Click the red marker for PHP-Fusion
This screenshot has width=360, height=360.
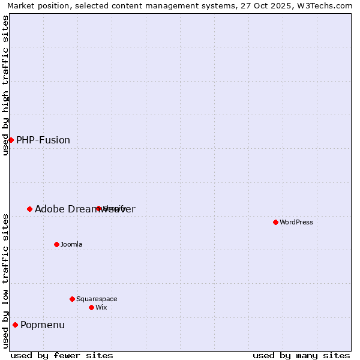click(x=11, y=140)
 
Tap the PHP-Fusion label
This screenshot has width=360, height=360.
click(x=43, y=140)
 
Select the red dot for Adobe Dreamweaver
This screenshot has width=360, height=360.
click(x=29, y=209)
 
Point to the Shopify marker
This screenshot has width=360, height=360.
click(x=98, y=209)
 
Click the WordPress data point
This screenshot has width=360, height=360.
click(x=275, y=222)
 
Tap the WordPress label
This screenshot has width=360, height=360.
click(x=296, y=223)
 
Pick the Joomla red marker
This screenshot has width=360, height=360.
click(x=56, y=244)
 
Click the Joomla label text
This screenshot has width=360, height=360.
click(x=71, y=245)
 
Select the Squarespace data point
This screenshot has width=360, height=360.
click(x=72, y=299)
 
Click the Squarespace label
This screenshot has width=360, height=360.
click(x=97, y=299)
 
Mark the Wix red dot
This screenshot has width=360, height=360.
click(x=91, y=307)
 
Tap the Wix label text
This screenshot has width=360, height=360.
click(x=101, y=308)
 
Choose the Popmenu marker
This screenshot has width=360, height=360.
click(x=15, y=325)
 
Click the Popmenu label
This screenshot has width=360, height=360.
click(x=43, y=325)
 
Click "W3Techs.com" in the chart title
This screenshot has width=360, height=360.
click(x=325, y=6)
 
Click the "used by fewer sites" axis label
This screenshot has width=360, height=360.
click(x=62, y=355)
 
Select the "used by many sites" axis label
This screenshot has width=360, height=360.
click(x=301, y=355)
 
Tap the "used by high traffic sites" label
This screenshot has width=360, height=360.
click(x=6, y=85)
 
